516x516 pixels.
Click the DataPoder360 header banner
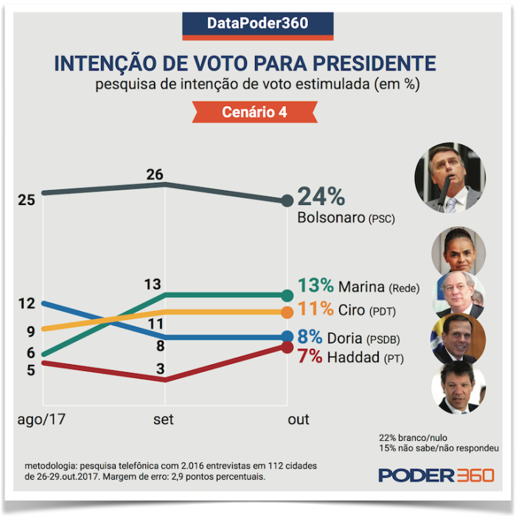point(257,24)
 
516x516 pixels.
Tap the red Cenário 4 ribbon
point(254,113)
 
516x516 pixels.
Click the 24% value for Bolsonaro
point(321,198)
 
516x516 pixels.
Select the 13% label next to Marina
point(316,286)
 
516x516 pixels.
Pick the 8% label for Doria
point(310,337)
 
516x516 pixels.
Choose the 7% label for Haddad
point(310,356)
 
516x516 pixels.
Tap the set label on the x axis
point(163,419)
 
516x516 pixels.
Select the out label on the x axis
point(298,419)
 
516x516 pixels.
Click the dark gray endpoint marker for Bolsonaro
point(287,201)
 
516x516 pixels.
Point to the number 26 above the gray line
point(154,175)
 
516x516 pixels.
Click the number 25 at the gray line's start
point(27,200)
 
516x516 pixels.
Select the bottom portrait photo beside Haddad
point(458,387)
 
